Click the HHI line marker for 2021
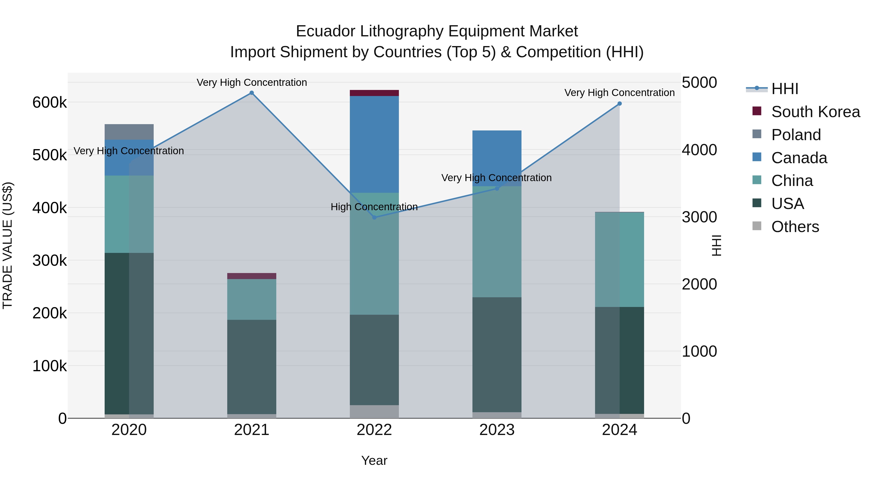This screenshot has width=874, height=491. [x=252, y=93]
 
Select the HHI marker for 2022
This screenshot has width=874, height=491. [x=374, y=217]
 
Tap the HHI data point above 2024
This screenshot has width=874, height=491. [x=620, y=104]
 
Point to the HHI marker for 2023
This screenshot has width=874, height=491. [x=497, y=188]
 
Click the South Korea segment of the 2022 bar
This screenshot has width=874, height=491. [x=374, y=93]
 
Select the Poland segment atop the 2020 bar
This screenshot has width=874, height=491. [x=129, y=132]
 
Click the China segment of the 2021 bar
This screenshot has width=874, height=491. [x=252, y=299]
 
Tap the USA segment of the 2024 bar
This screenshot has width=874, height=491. [x=620, y=360]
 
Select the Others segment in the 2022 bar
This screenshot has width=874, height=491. [x=374, y=411]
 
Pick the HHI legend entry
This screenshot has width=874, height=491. [x=784, y=89]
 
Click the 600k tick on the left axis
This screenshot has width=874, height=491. [x=50, y=102]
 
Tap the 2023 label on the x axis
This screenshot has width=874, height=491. [x=497, y=430]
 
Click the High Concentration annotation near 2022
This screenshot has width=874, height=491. [x=374, y=207]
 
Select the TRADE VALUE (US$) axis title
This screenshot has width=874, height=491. [x=8, y=245]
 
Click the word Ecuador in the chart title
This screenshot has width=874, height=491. [x=326, y=31]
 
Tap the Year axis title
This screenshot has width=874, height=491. [x=374, y=460]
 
